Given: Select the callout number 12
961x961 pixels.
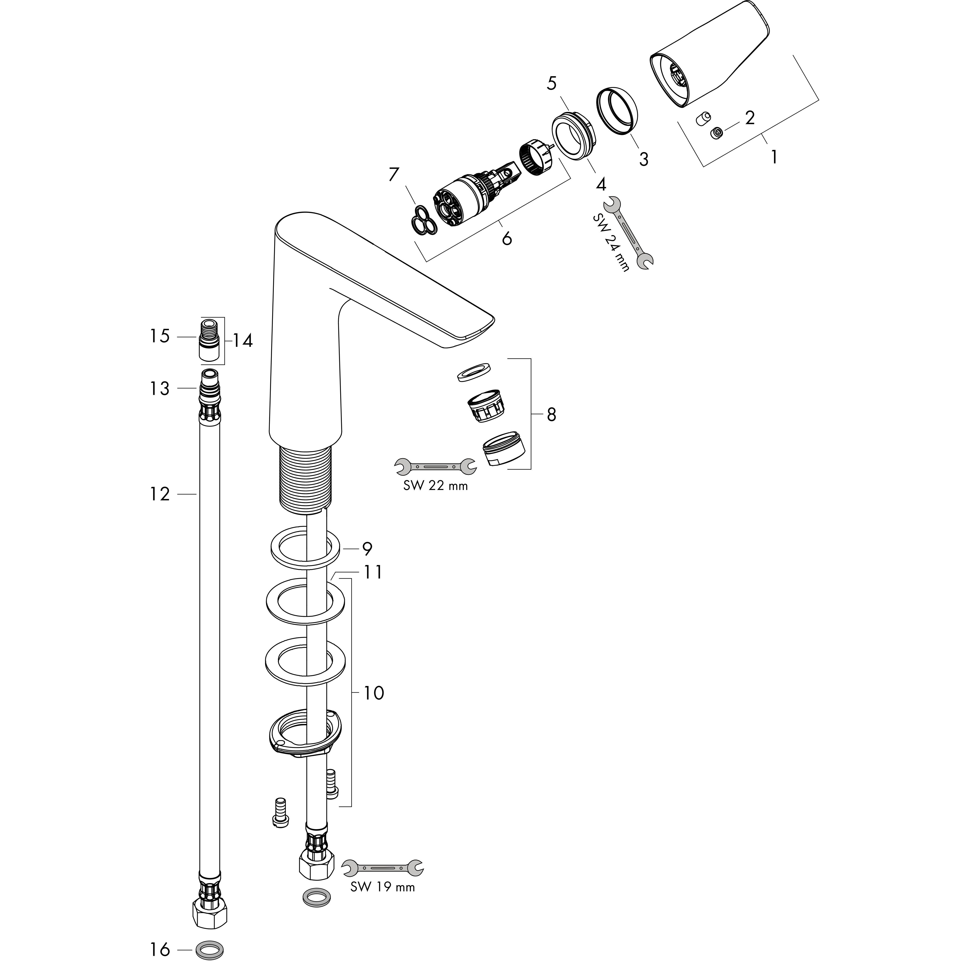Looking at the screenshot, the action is pos(160,494).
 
